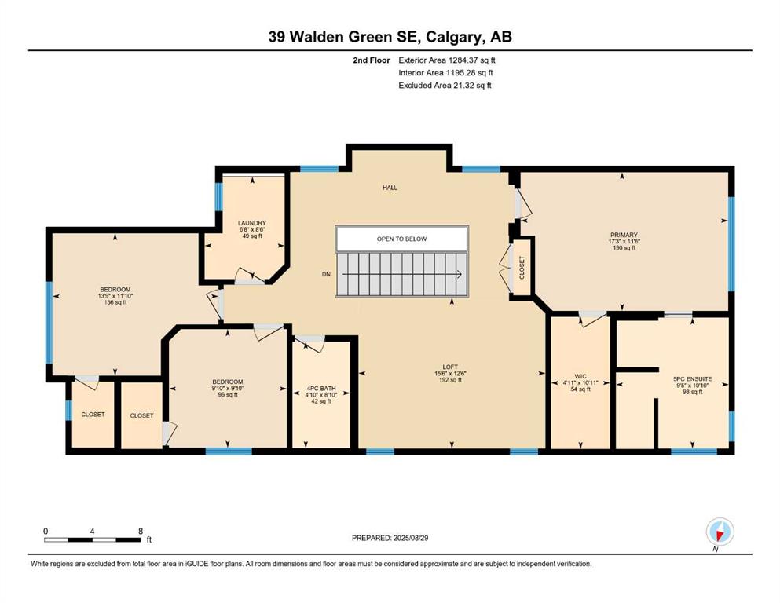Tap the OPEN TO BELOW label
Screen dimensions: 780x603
(x=401, y=239)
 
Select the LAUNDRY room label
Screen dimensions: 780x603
(x=251, y=223)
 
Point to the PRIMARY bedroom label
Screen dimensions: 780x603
(x=624, y=235)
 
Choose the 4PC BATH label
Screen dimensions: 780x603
(x=320, y=388)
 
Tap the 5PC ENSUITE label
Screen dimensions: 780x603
(x=693, y=378)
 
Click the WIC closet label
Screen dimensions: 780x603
(x=580, y=376)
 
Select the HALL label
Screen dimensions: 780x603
(x=390, y=188)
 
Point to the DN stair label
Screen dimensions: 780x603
(x=326, y=274)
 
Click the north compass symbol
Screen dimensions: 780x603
(x=720, y=532)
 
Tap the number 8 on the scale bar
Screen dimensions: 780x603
(x=141, y=531)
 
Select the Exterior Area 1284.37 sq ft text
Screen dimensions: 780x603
(x=447, y=60)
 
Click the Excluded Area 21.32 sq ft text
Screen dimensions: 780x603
(x=445, y=86)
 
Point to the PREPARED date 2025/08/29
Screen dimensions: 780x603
(x=390, y=538)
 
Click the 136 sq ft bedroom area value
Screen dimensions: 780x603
(x=115, y=302)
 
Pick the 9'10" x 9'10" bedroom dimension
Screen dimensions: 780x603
(x=227, y=388)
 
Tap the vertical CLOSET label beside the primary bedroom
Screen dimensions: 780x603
(x=522, y=268)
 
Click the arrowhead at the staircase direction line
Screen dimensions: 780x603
(x=458, y=274)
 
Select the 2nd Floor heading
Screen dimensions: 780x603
(x=372, y=60)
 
